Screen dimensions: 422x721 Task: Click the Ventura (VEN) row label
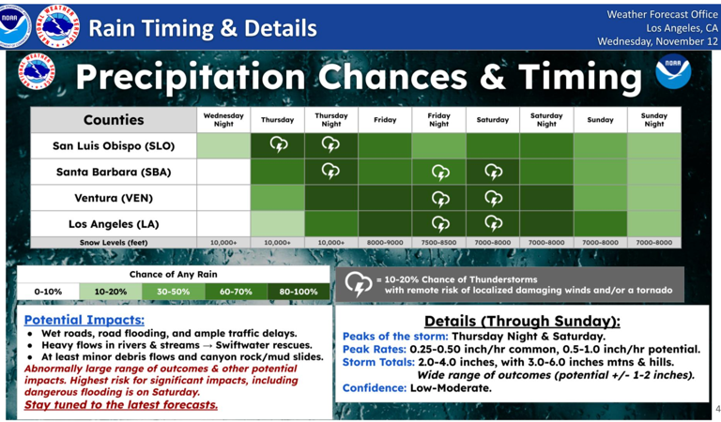pyautogui.click(x=114, y=199)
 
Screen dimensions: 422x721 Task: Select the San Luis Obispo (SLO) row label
pyautogui.click(x=114, y=145)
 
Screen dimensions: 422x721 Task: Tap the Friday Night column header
pyautogui.click(x=438, y=120)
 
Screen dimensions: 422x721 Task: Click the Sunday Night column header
pyautogui.click(x=654, y=120)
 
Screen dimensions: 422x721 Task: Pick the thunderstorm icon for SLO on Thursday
pyautogui.click(x=278, y=144)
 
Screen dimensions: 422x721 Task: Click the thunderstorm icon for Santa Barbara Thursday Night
pyautogui.click(x=331, y=171)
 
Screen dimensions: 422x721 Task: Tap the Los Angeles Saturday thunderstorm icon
pyautogui.click(x=493, y=224)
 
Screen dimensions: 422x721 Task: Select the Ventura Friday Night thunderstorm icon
pyautogui.click(x=439, y=198)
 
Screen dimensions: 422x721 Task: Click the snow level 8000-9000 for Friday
pyautogui.click(x=385, y=243)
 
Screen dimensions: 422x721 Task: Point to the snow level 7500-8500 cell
pyautogui.click(x=438, y=243)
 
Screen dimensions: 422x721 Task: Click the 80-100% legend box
pyautogui.click(x=298, y=292)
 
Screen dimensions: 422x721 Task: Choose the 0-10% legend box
pyautogui.click(x=49, y=292)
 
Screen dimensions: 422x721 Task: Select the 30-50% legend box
pyautogui.click(x=174, y=292)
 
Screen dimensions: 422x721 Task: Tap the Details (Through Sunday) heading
pyautogui.click(x=522, y=321)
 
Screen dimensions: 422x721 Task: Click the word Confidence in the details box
pyautogui.click(x=374, y=387)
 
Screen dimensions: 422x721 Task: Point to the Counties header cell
pyautogui.click(x=114, y=120)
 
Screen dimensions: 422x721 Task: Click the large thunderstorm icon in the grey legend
pyautogui.click(x=359, y=284)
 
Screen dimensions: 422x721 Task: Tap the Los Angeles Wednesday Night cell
pyautogui.click(x=223, y=224)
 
